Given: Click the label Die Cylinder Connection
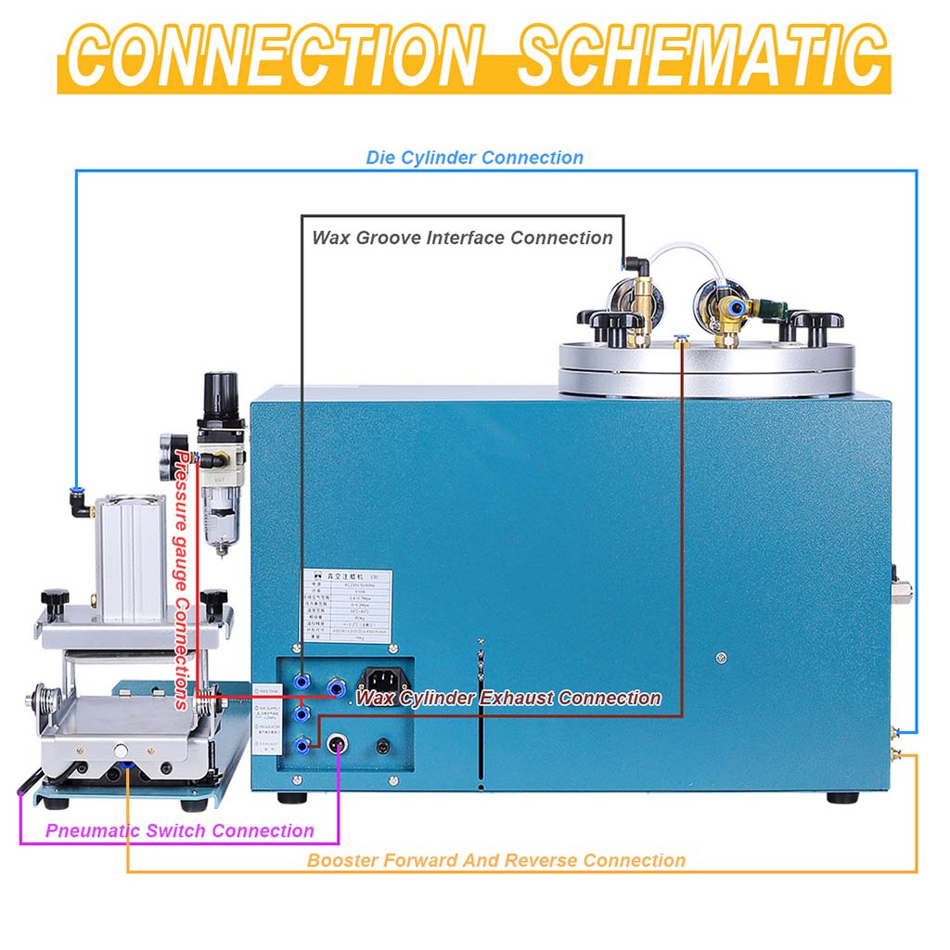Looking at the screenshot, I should coord(474,158).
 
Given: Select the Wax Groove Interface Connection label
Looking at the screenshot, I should coord(462,237).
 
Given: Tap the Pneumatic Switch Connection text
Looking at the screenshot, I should coord(180,830).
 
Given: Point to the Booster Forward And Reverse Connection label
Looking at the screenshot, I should coord(496,860).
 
